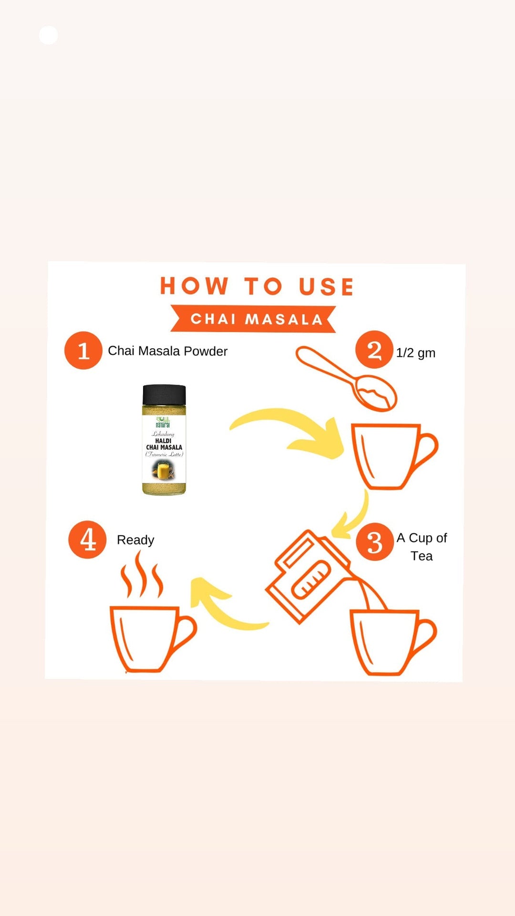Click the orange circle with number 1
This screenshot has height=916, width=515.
coord(83,351)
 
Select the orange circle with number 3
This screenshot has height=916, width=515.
coord(375,541)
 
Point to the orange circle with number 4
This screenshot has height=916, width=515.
coord(87,540)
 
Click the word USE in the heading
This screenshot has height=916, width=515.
coord(326,287)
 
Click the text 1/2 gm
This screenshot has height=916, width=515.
coord(415,353)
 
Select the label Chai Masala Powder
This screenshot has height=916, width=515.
coord(167,351)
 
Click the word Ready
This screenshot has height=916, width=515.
coord(135,540)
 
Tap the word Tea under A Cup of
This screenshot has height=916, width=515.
coord(422,556)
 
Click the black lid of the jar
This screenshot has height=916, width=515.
coord(164,395)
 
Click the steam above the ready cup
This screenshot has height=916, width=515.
coord(141,575)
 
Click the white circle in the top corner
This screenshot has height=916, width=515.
coord(48,35)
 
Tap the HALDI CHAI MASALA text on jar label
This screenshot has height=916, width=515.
coord(164,444)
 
